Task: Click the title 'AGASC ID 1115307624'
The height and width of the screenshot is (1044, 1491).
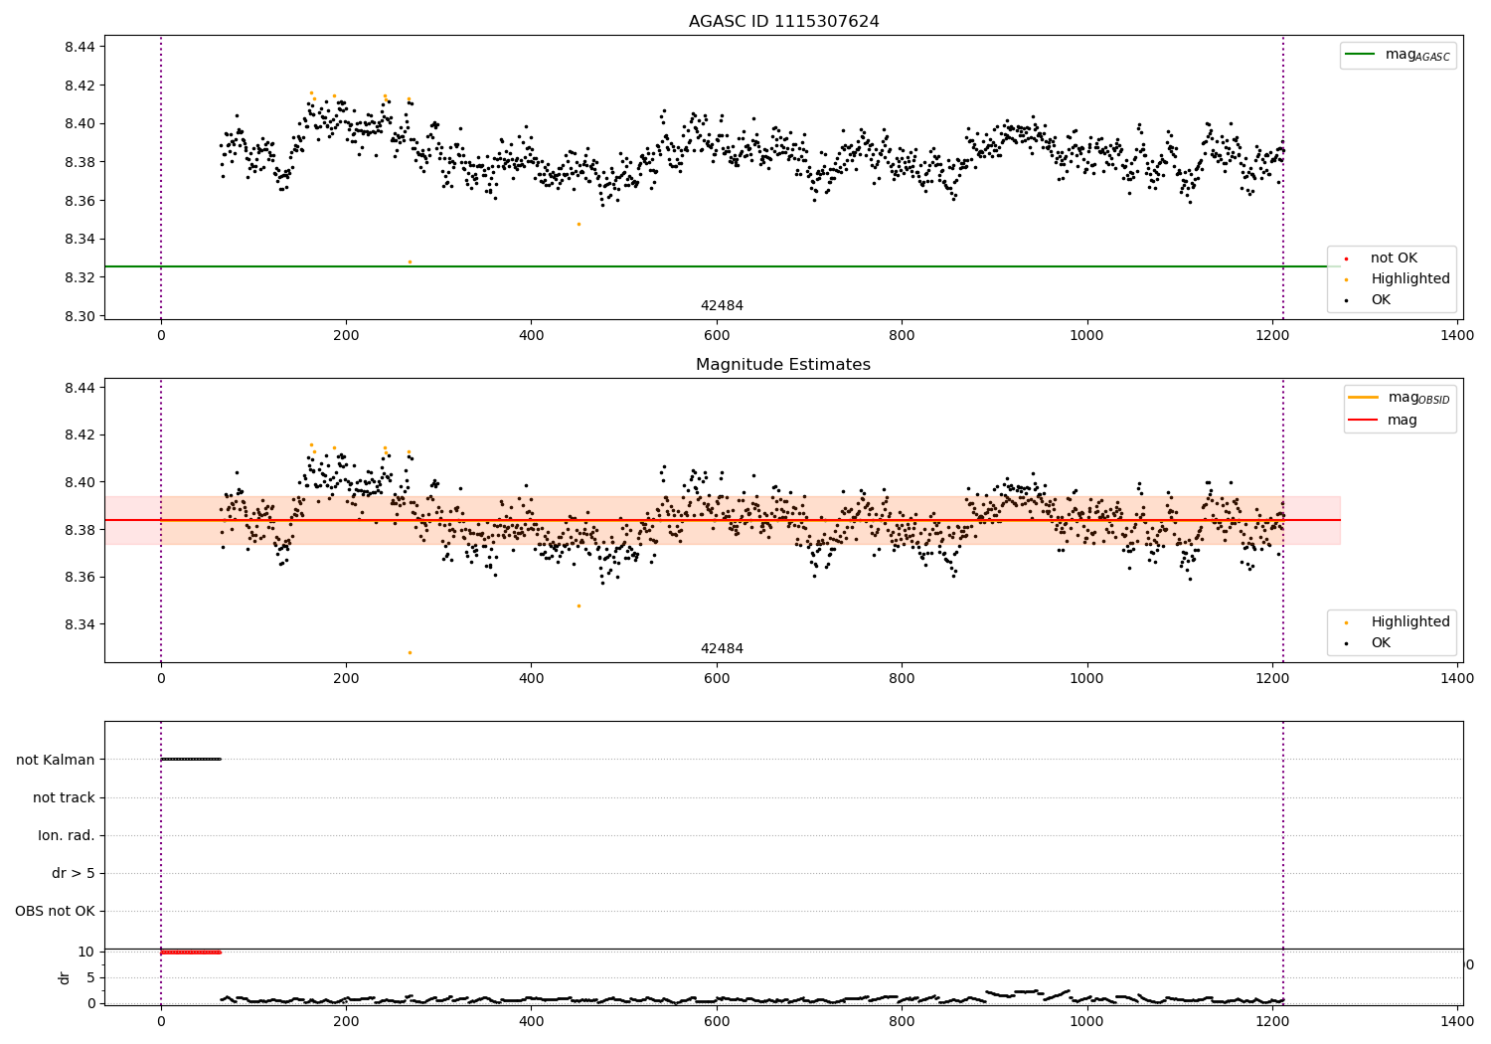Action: coord(783,22)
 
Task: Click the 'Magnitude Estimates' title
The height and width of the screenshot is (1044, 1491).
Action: coord(783,365)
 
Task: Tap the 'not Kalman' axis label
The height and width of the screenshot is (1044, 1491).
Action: coord(56,760)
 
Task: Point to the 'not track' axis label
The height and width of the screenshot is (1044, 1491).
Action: coord(64,797)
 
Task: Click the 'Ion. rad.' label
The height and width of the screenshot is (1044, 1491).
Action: coord(67,835)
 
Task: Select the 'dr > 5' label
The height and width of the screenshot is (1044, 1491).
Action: coord(74,873)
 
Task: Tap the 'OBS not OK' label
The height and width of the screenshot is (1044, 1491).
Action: coord(56,911)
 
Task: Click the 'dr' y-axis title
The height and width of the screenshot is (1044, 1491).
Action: coord(65,977)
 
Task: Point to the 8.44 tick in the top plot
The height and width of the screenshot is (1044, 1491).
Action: coord(80,47)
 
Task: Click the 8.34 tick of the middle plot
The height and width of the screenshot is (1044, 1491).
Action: coord(80,624)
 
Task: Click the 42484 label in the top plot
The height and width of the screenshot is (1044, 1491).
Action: coord(722,306)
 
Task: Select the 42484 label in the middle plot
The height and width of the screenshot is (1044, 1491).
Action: coord(722,649)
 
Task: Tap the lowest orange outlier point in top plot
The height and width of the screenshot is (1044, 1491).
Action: coord(410,261)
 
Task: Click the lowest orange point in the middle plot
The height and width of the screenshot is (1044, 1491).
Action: coord(410,652)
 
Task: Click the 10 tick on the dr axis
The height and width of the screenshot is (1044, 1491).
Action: coord(86,952)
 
